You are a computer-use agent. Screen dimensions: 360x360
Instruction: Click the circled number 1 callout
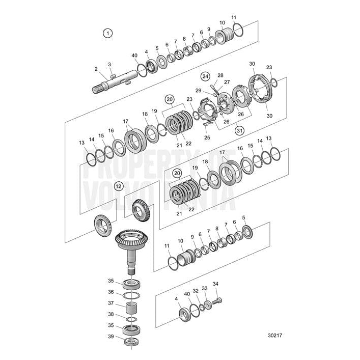tap(107, 33)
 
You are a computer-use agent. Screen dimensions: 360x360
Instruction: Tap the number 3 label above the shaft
tap(109, 64)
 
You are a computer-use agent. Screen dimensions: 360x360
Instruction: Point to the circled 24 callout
tap(205, 76)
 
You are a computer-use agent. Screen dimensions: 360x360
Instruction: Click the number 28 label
tap(220, 75)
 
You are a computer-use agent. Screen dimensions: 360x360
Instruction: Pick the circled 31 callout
tap(239, 130)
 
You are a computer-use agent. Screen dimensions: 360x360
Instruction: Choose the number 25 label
tap(207, 137)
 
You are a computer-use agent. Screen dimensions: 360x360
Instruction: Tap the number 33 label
tap(205, 288)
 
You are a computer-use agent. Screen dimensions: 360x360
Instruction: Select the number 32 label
tap(196, 291)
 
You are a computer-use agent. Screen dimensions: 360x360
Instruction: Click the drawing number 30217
tap(274, 336)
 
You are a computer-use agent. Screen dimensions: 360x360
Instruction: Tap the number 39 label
tap(110, 337)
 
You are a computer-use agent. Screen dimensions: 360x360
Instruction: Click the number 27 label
tap(227, 82)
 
